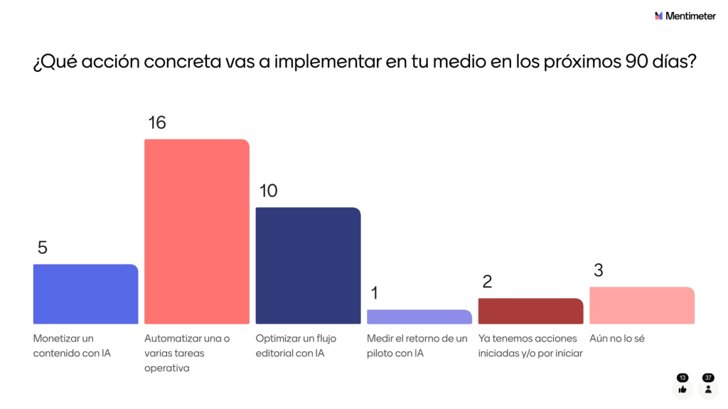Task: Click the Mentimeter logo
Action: point(685,16)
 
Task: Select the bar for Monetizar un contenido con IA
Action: point(85,294)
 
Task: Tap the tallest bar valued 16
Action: point(197,231)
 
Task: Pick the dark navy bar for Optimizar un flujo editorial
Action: point(308,265)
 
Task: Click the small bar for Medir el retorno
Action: point(419,317)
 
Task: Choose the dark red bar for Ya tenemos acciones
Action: point(530,311)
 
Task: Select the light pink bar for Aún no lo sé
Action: point(642,305)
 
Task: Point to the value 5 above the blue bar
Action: point(43,248)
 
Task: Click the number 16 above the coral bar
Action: point(156,122)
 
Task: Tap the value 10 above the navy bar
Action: point(268,191)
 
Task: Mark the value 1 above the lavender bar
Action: point(374,293)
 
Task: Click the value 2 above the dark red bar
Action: point(487,282)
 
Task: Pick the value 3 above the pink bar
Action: point(598,270)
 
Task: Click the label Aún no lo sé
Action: point(617,339)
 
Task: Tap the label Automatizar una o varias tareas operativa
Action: point(187,353)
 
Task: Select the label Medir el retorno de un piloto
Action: point(417,346)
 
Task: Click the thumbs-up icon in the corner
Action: point(682,389)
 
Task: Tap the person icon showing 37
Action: point(708,389)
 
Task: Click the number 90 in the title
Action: point(637,63)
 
